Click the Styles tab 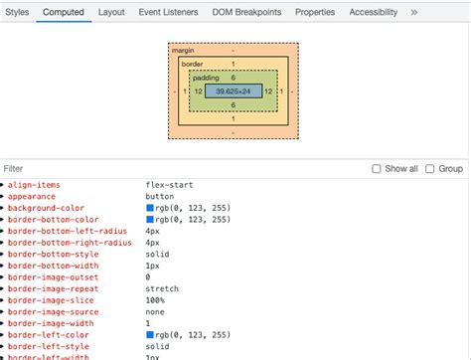tap(17, 12)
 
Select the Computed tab tap(63, 12)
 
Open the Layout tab tap(111, 12)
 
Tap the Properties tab tap(315, 12)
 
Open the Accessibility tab tap(374, 12)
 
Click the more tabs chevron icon tap(414, 12)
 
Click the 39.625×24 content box tap(234, 91)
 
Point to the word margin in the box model tap(183, 49)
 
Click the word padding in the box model tap(206, 77)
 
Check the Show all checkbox tap(377, 169)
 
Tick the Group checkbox tap(430, 169)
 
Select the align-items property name tap(35, 185)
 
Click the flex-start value tap(169, 185)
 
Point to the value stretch tap(162, 288)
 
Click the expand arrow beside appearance tap(4, 197)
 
